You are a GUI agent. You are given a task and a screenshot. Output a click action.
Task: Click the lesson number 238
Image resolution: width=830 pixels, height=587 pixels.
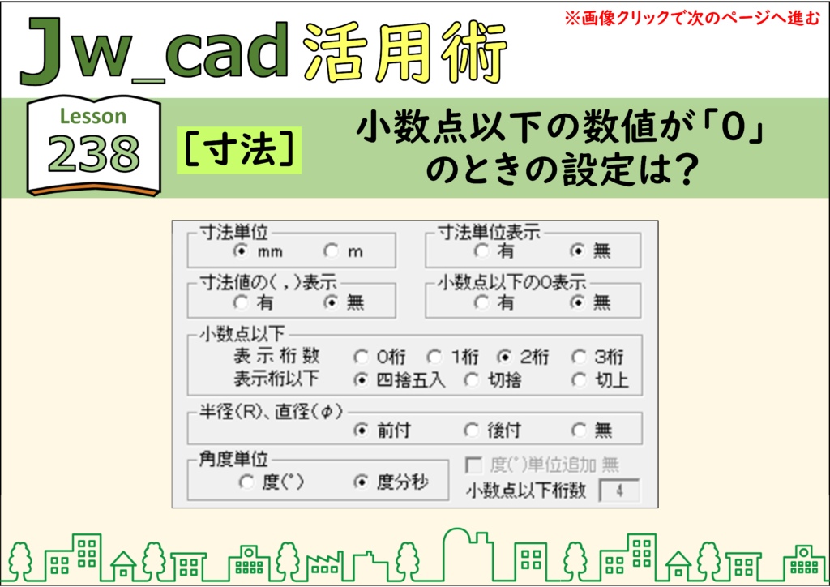point(94,153)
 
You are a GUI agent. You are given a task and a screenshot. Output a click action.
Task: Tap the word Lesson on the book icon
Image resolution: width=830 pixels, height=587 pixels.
point(93,116)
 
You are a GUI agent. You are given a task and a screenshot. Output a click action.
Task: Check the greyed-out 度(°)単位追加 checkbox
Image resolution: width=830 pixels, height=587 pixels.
point(473,465)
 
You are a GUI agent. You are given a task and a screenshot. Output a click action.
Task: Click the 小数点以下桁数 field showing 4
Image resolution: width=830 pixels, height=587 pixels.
point(619,491)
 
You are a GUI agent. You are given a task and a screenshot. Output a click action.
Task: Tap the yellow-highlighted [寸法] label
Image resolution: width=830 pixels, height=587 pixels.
point(239,150)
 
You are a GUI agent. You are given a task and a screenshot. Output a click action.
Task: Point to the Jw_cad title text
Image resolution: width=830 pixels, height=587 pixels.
point(155,51)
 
